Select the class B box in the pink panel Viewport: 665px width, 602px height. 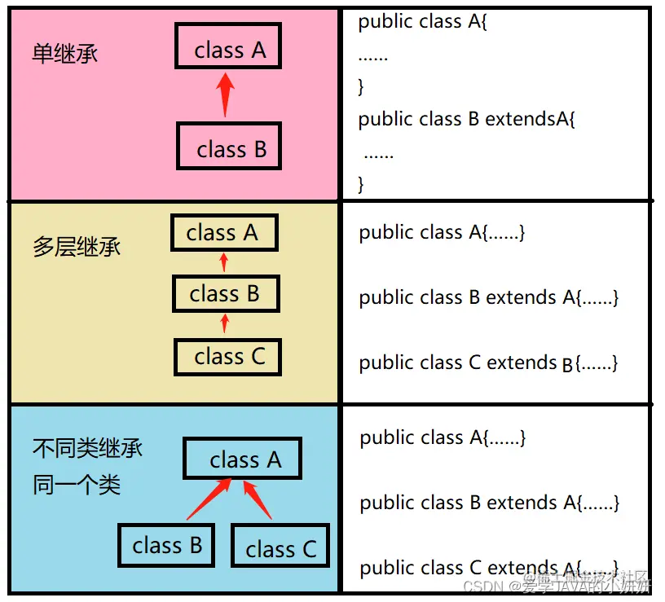(230, 146)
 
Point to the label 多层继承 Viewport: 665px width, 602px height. (77, 247)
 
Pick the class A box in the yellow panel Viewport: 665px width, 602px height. (224, 233)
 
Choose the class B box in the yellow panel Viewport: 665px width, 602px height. (226, 292)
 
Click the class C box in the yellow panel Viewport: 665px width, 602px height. (228, 357)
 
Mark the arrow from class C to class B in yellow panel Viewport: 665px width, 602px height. (226, 323)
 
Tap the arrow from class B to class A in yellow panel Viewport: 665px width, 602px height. (225, 262)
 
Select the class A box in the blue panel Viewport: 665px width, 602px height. (243, 459)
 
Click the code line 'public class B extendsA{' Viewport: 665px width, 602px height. (467, 119)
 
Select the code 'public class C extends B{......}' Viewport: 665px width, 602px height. (488, 363)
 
